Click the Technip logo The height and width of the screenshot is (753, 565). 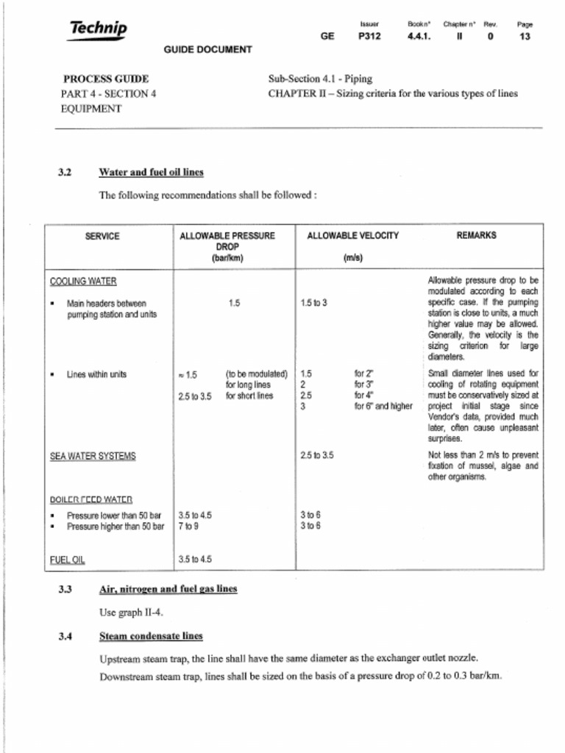98,29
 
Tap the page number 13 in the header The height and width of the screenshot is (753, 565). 524,36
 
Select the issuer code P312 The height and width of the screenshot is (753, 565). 369,36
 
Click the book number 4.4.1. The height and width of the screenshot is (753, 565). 418,36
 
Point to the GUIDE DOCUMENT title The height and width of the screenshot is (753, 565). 207,50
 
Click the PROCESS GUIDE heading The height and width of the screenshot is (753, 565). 106,79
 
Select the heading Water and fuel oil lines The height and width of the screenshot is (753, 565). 151,172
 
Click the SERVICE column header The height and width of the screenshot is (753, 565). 102,236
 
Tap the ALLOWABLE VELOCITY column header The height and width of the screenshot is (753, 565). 352,236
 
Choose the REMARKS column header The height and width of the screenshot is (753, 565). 476,236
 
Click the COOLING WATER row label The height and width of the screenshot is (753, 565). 82,281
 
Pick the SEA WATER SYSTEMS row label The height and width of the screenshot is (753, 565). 92,456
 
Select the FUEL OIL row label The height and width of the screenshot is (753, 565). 67,559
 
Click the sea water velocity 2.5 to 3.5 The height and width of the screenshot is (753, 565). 317,455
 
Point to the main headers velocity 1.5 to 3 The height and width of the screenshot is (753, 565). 314,303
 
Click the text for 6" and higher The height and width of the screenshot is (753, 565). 383,406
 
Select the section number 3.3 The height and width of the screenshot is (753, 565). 65,590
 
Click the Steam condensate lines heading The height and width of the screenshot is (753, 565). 151,636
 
